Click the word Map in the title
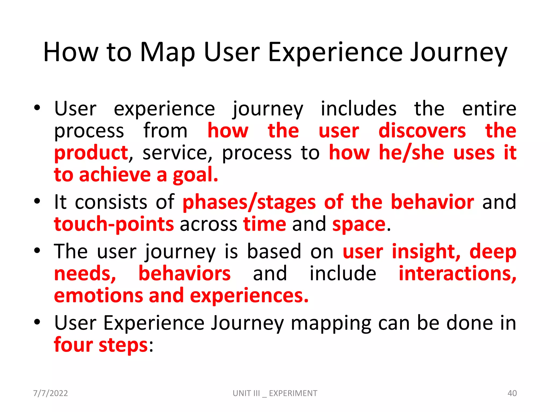[x=167, y=53]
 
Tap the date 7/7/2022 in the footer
[x=50, y=393]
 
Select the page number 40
[x=512, y=393]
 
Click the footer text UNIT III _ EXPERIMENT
[x=275, y=393]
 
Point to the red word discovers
[x=422, y=131]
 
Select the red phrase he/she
[x=411, y=153]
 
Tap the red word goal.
[x=195, y=175]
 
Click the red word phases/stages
[x=249, y=202]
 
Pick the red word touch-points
[x=114, y=224]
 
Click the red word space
[x=359, y=224]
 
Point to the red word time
[x=265, y=224]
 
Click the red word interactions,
[x=457, y=274]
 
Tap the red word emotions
[x=98, y=296]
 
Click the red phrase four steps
[x=101, y=345]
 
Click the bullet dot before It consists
[x=37, y=201]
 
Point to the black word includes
[x=359, y=109]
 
